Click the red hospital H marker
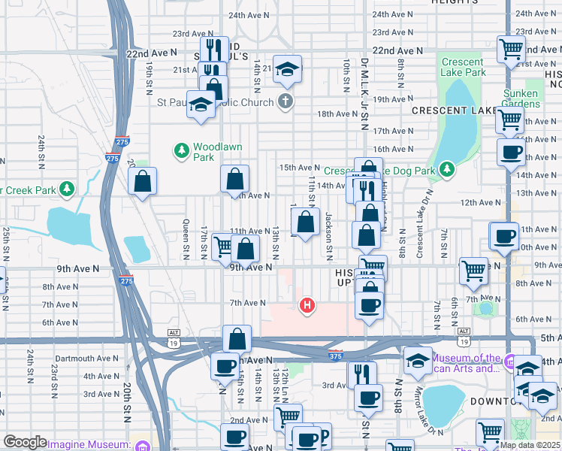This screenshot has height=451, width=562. pos(307,305)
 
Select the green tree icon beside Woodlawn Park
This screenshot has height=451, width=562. pos(181,151)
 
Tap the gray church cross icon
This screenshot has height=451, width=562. pos(284,101)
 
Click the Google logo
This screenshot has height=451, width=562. pos(25,442)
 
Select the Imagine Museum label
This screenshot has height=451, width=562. pos(86,444)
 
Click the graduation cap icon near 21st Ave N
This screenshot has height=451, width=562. pos(287,70)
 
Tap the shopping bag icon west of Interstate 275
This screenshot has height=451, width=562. pos(142,181)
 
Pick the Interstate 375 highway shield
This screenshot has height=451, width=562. pos(334,354)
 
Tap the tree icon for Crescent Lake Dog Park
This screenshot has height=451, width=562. pos(447,168)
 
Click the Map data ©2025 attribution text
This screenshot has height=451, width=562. pos(530,445)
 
